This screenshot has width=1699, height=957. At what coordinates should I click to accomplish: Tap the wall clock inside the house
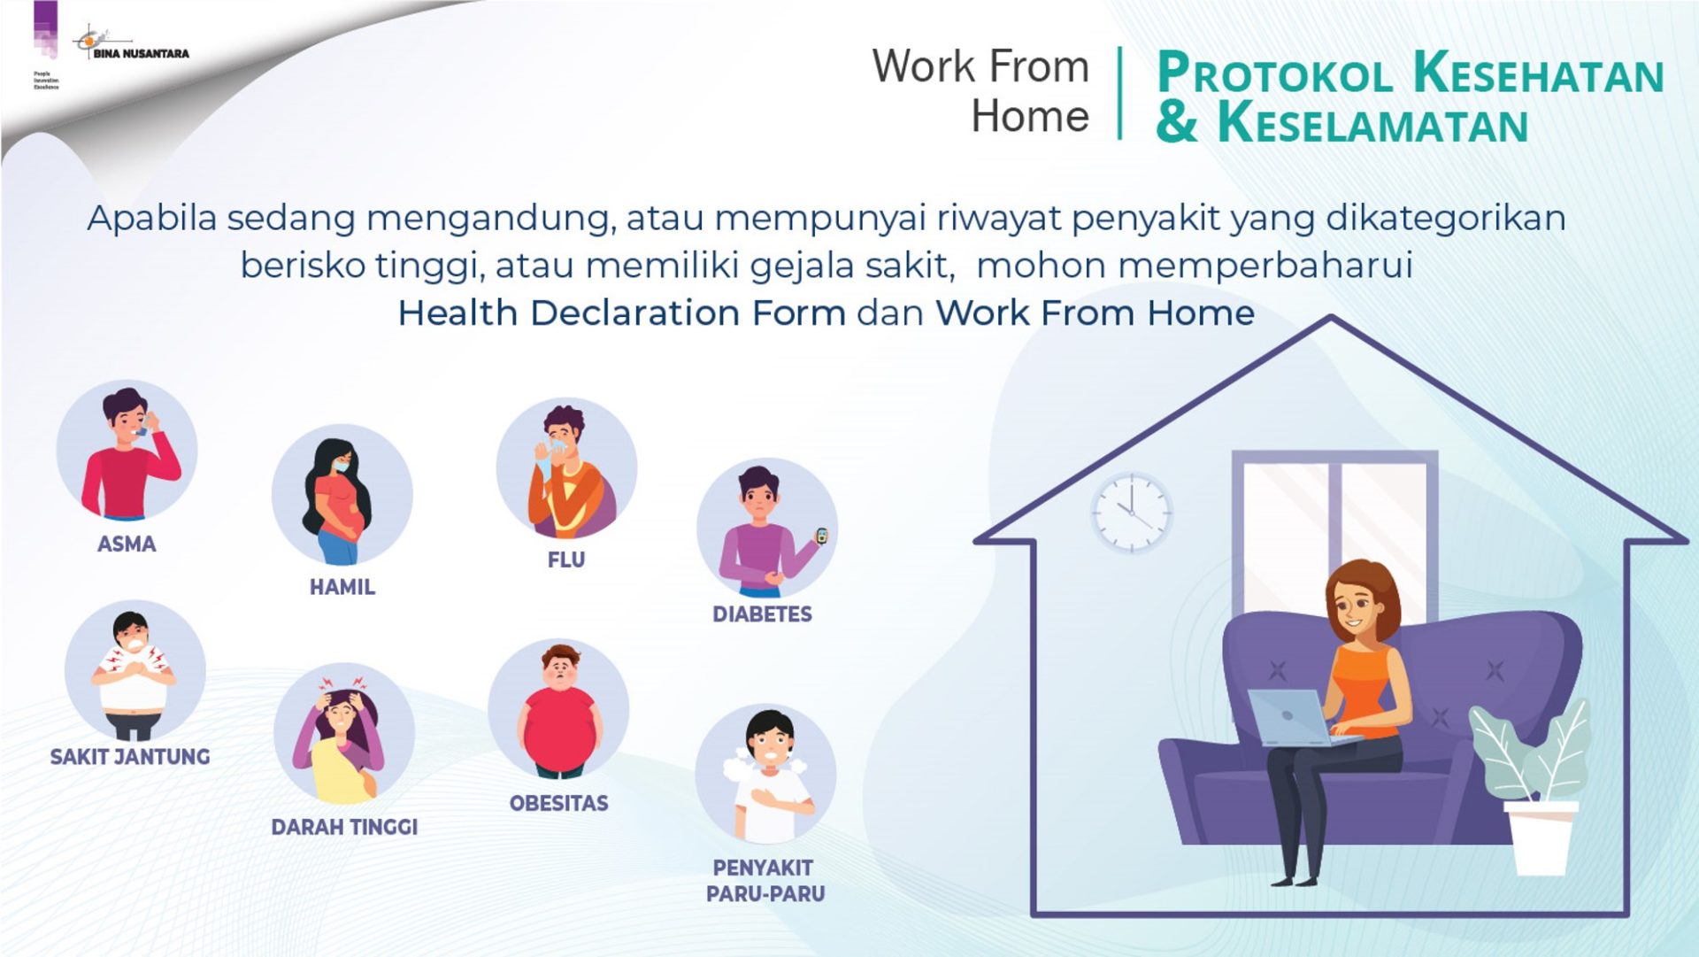(1131, 513)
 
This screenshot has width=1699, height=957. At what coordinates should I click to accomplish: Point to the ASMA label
(127, 544)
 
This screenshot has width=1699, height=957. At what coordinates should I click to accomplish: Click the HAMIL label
(342, 587)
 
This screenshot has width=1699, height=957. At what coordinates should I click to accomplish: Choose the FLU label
(566, 560)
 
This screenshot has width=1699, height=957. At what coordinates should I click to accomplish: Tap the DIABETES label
(762, 614)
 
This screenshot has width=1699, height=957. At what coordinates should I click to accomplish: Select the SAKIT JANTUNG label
(130, 757)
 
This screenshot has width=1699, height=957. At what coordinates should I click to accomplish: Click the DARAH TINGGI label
(344, 827)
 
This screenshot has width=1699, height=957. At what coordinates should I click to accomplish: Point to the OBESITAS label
(559, 804)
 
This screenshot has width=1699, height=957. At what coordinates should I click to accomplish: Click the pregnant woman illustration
(339, 501)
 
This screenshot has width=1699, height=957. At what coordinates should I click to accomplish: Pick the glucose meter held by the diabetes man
(821, 536)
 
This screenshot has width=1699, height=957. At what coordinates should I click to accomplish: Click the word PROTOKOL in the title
(1275, 73)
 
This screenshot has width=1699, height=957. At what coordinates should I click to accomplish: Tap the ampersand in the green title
(1177, 122)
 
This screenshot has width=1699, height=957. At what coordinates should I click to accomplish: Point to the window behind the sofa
(1334, 531)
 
